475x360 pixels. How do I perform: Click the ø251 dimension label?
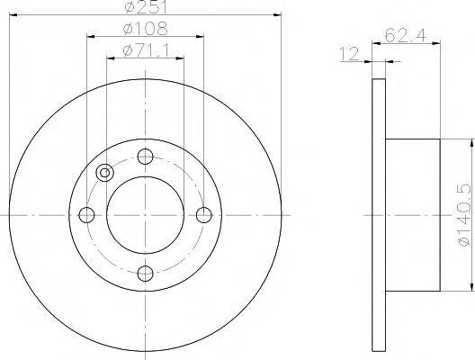pos(146,6)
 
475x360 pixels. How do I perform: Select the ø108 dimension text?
pos(146,29)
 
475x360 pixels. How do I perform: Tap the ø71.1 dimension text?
pos(146,50)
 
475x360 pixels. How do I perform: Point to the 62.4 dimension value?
pos(406,35)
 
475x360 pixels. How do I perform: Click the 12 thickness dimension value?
pos(349,54)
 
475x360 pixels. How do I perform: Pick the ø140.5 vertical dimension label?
pos(465,214)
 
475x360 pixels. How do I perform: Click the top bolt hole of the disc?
pos(146,157)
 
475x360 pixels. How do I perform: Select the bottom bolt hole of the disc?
pos(146,274)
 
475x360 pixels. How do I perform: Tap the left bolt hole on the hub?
pos(86,215)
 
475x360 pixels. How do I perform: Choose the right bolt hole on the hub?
pos(204,215)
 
